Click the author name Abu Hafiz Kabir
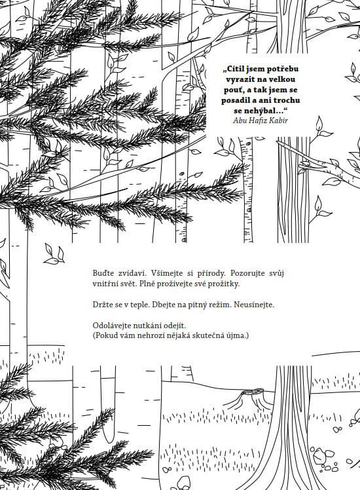click(261, 121)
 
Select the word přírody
click(211, 273)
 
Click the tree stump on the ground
click(250, 398)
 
